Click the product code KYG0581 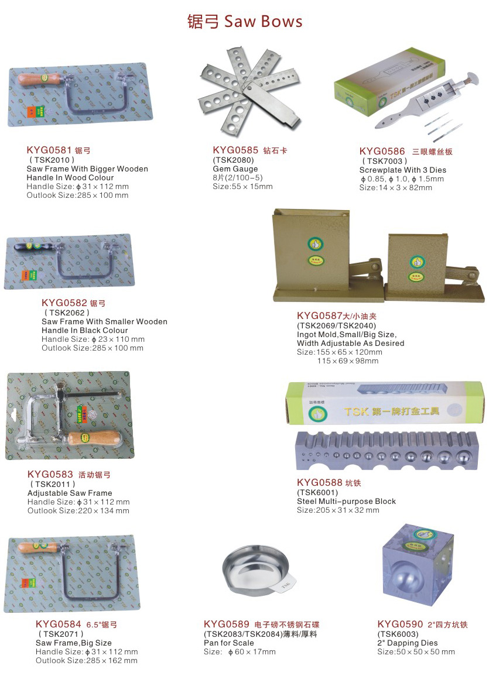[49, 150]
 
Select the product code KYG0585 [235, 150]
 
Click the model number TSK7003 [384, 161]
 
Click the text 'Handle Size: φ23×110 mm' [93, 339]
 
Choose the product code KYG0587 [320, 316]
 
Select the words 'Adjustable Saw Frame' [70, 493]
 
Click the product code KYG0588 [319, 483]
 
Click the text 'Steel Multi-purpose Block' [346, 502]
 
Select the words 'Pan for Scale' [229, 643]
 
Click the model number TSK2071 [61, 634]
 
